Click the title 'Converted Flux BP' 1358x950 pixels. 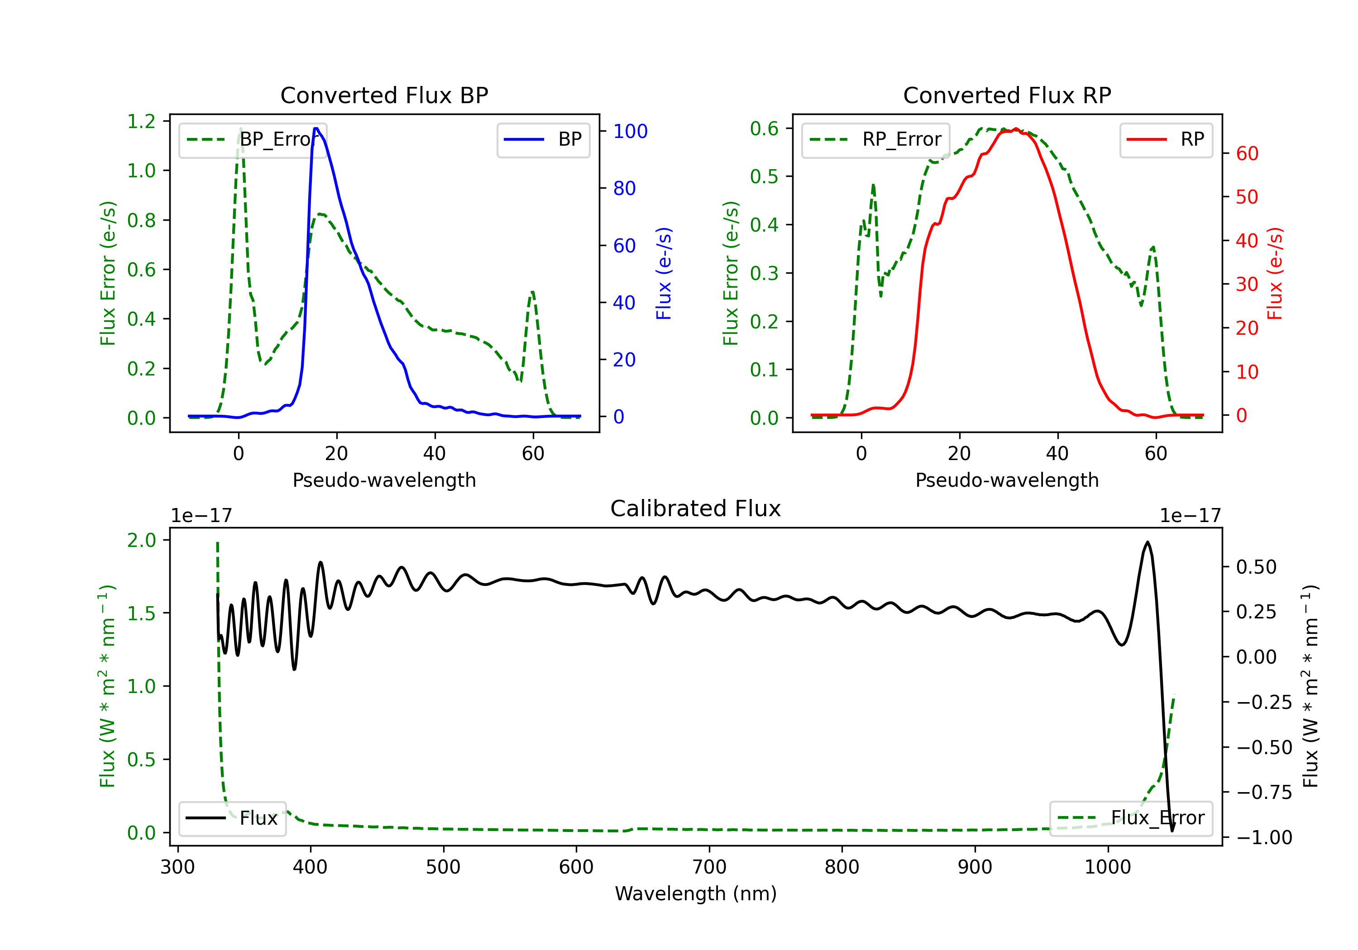[384, 95]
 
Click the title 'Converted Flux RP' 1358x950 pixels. [1007, 95]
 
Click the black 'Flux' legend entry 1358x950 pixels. [233, 818]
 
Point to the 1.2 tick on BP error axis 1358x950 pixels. [141, 121]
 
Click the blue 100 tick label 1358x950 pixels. [630, 131]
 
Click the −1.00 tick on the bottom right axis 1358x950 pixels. [1264, 837]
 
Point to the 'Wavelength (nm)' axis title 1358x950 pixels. [696, 893]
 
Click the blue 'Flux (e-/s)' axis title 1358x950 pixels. [664, 273]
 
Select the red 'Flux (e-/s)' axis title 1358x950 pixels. [1275, 273]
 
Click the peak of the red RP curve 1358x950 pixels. [1015, 129]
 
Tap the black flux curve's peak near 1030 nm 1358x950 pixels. [1148, 541]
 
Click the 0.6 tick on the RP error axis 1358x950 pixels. [764, 128]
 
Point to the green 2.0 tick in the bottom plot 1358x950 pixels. [141, 540]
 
